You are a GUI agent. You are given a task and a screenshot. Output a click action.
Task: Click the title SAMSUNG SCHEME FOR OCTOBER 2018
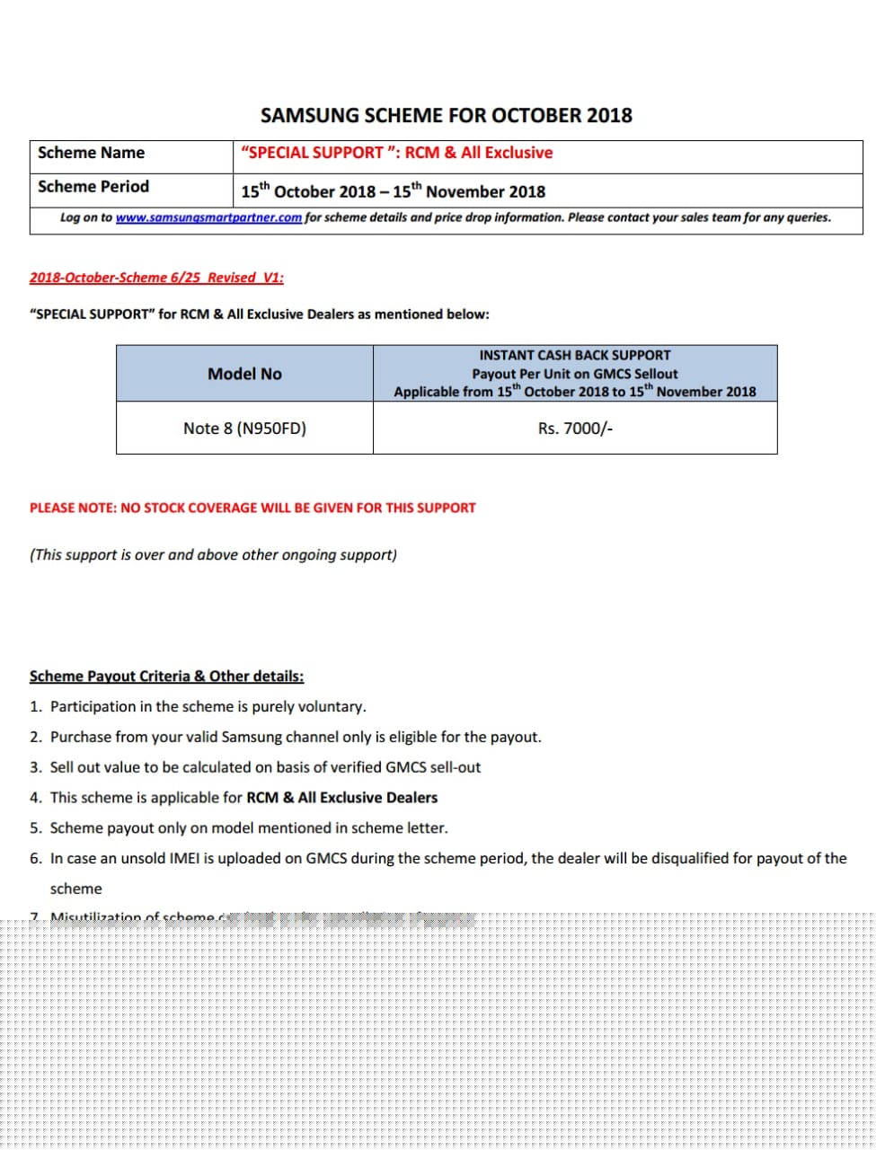coord(446,115)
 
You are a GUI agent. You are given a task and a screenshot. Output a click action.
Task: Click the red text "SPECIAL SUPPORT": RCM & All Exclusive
coord(396,153)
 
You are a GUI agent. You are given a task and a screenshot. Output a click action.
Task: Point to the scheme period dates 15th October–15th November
coord(393,191)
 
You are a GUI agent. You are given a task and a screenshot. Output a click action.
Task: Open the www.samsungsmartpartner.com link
coord(208,217)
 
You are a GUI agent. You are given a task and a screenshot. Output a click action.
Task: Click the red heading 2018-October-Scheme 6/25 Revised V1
coord(156,278)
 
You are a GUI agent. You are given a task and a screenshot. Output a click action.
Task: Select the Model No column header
coord(244,374)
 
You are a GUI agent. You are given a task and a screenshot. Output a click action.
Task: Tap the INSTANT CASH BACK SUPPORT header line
coord(575,355)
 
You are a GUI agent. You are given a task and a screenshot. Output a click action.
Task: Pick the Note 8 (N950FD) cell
coord(244,429)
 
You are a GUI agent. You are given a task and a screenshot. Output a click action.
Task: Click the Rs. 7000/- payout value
coord(575,429)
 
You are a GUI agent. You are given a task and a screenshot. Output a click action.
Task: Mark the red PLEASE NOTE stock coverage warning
coord(252,508)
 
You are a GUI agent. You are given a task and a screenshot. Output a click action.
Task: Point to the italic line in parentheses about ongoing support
coord(213,555)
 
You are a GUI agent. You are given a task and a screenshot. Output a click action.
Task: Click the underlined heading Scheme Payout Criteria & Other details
coord(166,677)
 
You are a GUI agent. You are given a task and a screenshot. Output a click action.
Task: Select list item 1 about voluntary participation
coord(208,707)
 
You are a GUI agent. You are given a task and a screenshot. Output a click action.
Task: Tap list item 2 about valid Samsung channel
coord(296,738)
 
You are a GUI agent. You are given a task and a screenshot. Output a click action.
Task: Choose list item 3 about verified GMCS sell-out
coord(265,767)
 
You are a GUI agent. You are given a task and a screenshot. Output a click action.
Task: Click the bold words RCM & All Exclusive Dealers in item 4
coord(341,798)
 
